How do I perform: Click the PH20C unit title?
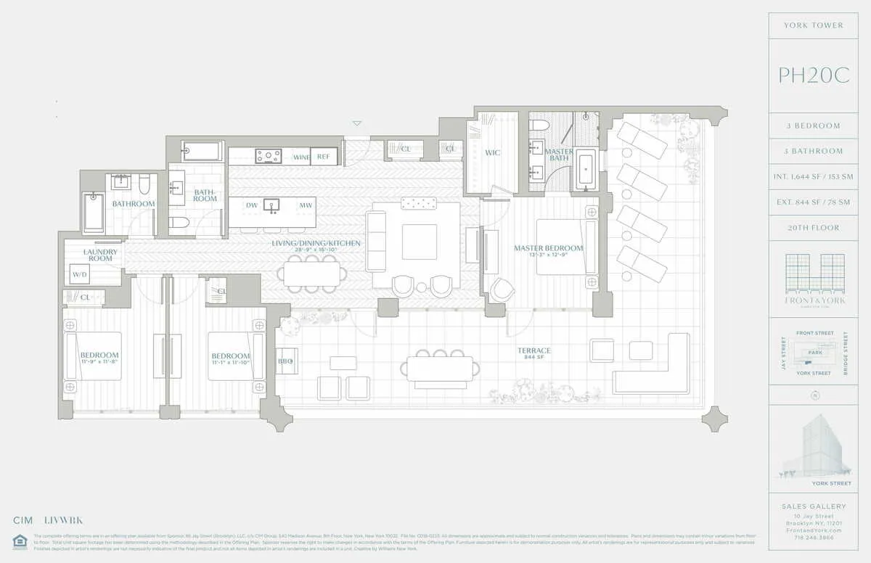click(x=814, y=75)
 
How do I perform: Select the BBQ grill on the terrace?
click(x=285, y=361)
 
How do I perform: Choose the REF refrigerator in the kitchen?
click(x=323, y=156)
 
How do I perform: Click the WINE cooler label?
click(x=301, y=157)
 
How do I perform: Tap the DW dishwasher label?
click(x=252, y=205)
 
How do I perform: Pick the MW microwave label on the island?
click(x=306, y=205)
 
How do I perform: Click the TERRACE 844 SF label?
click(x=533, y=354)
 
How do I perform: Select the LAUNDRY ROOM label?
click(x=100, y=255)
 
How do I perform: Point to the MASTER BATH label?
click(x=559, y=155)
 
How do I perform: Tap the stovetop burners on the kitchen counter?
click(x=268, y=155)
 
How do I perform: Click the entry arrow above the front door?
click(x=356, y=124)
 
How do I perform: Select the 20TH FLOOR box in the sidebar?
click(x=814, y=228)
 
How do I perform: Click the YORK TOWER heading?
click(x=814, y=25)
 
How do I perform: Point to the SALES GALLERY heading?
click(x=814, y=506)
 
